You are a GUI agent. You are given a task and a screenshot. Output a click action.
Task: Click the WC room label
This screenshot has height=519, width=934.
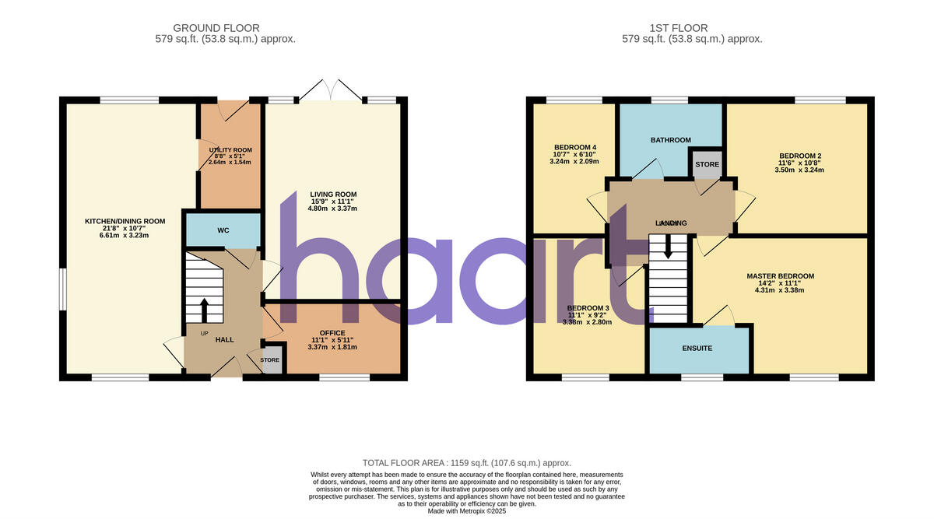click(223, 231)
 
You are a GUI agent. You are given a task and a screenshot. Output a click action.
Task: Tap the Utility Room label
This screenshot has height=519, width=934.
click(230, 150)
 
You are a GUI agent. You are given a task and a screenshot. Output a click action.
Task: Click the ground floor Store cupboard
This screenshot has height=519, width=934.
click(270, 360)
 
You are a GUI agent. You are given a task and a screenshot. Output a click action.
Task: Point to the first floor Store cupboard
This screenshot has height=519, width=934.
click(708, 165)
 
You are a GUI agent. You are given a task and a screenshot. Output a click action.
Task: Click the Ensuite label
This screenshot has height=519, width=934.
click(697, 349)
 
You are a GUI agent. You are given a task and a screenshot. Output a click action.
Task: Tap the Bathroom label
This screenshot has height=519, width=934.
click(670, 140)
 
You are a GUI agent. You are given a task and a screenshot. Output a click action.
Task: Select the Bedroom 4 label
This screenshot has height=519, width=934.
click(575, 147)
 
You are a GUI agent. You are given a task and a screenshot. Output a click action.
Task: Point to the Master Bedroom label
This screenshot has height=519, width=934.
click(780, 276)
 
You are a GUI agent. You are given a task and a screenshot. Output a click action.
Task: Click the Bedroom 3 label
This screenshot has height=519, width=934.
click(588, 308)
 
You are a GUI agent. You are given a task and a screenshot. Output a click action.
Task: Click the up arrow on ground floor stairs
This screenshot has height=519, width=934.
click(205, 310)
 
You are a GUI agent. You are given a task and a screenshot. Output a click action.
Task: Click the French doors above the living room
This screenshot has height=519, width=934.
click(332, 89)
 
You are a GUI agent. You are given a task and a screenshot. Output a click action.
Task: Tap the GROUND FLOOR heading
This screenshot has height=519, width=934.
click(216, 29)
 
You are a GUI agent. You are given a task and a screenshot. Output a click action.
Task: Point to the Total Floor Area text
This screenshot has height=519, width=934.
click(467, 462)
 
